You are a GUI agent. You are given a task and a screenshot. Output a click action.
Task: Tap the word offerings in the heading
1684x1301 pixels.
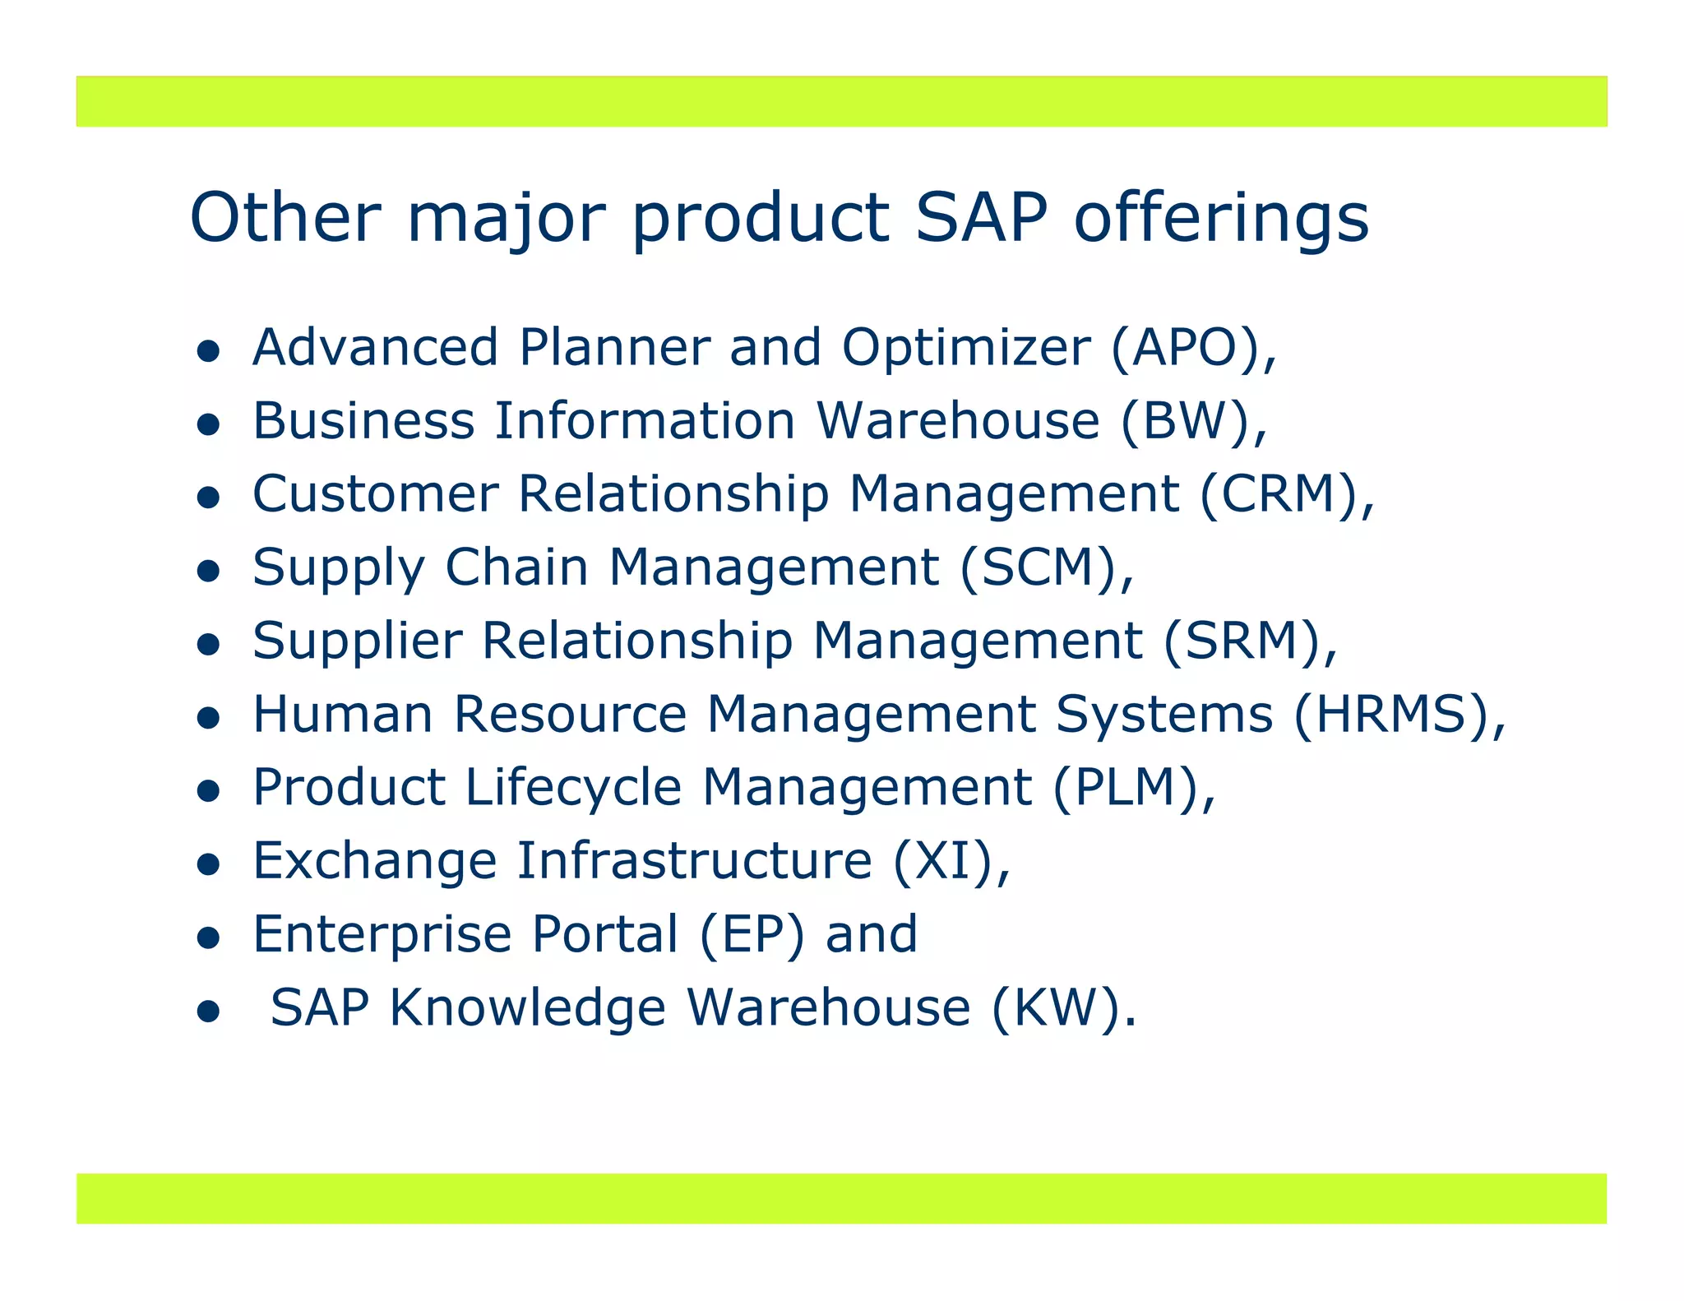(1222, 219)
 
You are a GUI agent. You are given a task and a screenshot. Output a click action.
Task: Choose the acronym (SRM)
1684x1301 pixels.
(1241, 641)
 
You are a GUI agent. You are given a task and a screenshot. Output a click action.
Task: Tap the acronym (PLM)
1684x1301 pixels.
(1125, 787)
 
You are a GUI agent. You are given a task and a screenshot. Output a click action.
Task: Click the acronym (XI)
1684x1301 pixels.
(943, 861)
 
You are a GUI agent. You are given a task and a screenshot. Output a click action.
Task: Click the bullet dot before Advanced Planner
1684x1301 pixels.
(209, 352)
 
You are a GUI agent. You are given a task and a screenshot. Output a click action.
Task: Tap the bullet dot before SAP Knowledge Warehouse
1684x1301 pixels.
(209, 1012)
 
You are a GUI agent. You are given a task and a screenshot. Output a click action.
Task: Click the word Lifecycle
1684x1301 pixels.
(573, 789)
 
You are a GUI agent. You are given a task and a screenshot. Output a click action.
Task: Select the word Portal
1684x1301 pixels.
(605, 934)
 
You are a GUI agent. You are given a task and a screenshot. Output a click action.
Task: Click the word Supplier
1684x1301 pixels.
(358, 642)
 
